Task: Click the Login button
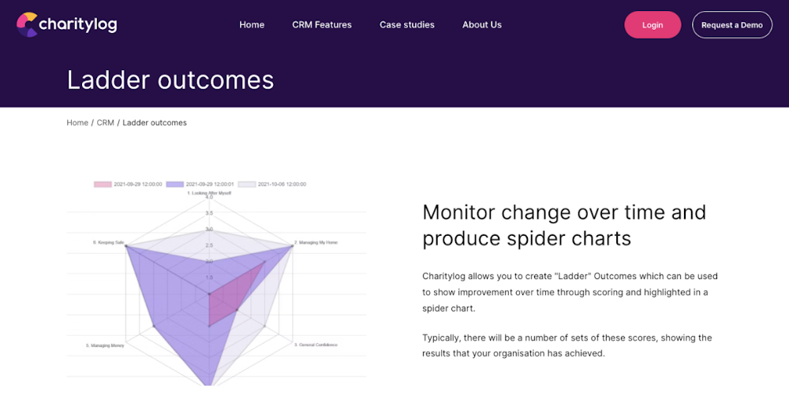coord(653,24)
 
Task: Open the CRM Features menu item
coord(322,24)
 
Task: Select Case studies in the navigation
coord(407,24)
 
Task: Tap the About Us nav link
coord(482,24)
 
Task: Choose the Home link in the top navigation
coord(252,24)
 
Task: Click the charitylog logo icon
coord(28,24)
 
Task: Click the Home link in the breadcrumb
coord(77,123)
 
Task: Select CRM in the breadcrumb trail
coord(106,123)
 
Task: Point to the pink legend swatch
coord(103,185)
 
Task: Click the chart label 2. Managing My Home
coord(316,242)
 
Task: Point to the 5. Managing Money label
coord(105,345)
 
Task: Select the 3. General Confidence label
coord(316,345)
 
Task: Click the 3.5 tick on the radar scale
coord(209,213)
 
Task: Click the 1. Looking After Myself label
coord(209,192)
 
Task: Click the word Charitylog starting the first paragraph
coord(443,276)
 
